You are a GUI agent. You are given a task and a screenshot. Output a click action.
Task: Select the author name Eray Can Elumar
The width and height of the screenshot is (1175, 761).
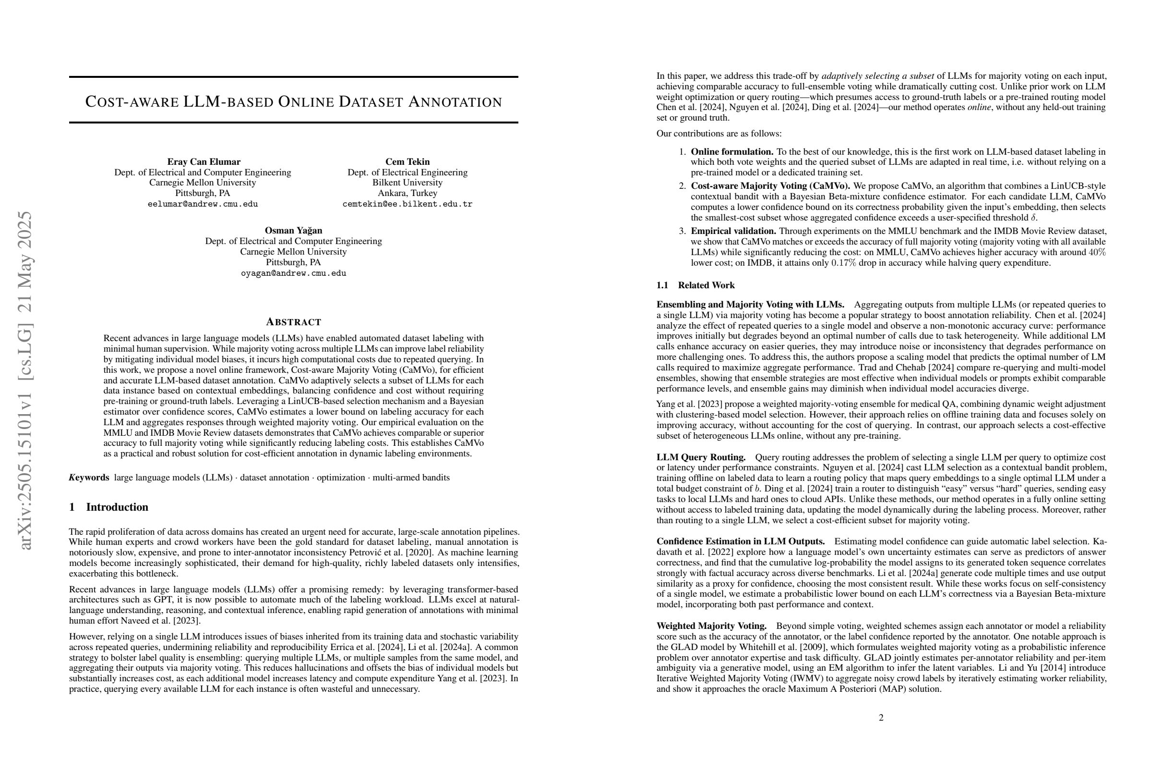[x=204, y=161]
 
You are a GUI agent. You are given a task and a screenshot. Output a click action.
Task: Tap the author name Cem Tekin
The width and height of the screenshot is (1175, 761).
[x=408, y=161]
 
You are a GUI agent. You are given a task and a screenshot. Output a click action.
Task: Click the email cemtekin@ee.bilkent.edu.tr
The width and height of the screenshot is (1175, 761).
[x=408, y=204]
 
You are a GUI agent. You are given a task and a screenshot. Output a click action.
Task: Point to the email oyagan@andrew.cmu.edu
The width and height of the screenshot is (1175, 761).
[x=293, y=273]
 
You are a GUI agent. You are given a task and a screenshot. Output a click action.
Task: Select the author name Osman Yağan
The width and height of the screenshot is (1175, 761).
[x=293, y=230]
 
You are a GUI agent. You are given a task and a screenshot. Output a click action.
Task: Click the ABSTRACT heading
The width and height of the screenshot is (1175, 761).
[x=293, y=322]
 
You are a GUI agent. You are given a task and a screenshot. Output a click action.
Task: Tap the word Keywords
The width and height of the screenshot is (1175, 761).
[x=89, y=478]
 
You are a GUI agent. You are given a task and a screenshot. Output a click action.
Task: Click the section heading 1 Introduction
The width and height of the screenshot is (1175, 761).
[x=108, y=507]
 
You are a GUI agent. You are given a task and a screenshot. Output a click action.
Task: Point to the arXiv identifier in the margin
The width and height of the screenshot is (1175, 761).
[x=24, y=380]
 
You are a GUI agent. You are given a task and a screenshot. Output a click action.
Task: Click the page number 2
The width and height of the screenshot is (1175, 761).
[x=881, y=717]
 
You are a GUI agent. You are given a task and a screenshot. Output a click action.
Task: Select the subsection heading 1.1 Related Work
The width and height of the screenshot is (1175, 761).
[x=695, y=285]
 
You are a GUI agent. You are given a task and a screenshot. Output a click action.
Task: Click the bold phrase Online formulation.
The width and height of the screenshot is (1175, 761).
[x=725, y=152]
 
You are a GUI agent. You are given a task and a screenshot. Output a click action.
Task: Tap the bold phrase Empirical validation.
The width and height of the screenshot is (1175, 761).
[x=733, y=231]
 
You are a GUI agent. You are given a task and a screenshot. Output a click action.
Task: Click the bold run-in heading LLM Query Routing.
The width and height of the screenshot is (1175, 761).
[x=701, y=457]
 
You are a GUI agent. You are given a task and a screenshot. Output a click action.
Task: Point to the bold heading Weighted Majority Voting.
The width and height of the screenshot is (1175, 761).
[x=711, y=626]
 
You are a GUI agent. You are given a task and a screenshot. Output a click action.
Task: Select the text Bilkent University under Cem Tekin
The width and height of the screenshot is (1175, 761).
[x=408, y=183]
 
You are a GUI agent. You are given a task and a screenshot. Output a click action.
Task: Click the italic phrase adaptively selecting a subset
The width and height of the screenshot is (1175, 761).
[x=877, y=76]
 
